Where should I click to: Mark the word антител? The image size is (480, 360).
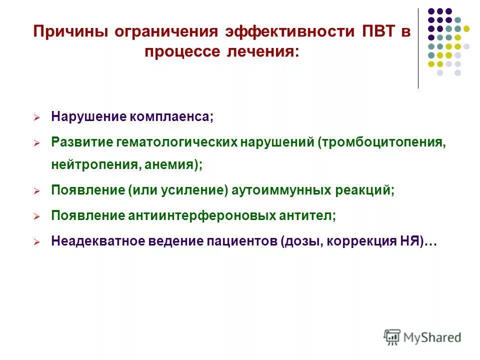click(x=308, y=215)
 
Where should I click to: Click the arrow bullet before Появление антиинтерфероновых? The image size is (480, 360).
click(x=36, y=216)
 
